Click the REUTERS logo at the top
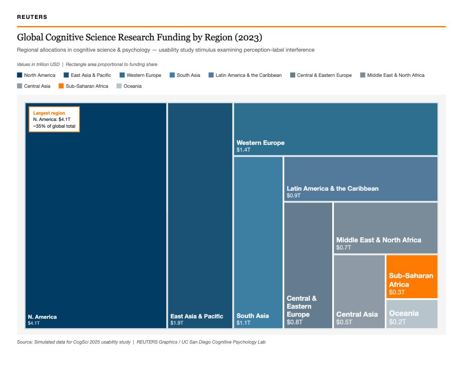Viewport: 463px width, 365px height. [x=32, y=17]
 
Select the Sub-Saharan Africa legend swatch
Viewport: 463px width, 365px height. [x=61, y=86]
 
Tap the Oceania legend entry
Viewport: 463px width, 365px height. [x=130, y=86]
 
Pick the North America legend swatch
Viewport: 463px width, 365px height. [x=19, y=75]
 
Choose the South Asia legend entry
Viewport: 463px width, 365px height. [x=185, y=75]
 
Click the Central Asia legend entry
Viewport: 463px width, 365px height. [x=34, y=86]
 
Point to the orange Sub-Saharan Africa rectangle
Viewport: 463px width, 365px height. [x=412, y=277]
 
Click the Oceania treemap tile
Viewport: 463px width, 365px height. [x=412, y=314]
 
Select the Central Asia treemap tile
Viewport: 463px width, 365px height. [x=360, y=291]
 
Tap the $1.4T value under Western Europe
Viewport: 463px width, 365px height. [x=243, y=150]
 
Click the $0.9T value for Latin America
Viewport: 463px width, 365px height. [x=294, y=195]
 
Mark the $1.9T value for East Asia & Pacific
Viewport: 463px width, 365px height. [x=177, y=323]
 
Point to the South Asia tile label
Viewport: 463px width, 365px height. [x=253, y=316]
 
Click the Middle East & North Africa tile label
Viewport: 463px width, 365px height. [x=379, y=240]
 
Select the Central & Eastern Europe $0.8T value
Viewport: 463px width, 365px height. [x=295, y=322]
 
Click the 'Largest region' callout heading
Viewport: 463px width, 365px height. [x=49, y=113]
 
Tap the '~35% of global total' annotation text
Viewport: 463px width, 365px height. [x=54, y=126]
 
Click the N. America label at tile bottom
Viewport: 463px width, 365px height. [x=42, y=317]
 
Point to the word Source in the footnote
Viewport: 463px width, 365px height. [x=24, y=342]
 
